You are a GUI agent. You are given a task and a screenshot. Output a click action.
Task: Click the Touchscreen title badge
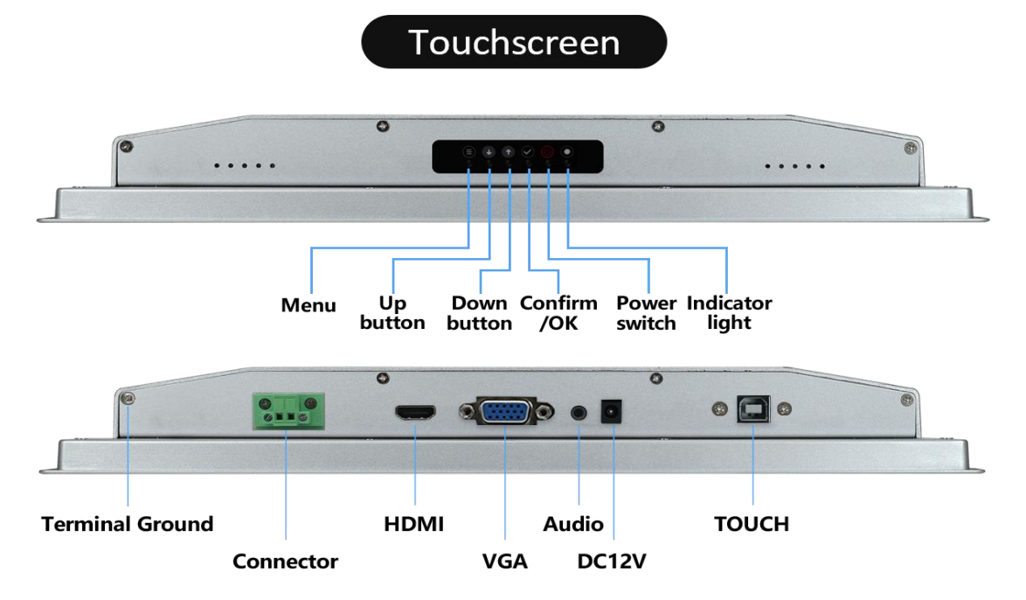coord(514,42)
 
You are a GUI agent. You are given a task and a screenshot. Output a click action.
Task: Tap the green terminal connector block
coord(285,412)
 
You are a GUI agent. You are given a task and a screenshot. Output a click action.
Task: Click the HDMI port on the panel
coord(417,414)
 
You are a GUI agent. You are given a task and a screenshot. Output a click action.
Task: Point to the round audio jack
coord(579,411)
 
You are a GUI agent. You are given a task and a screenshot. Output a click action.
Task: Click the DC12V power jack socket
coord(612,411)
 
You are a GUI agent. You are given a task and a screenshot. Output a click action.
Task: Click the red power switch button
coord(548,152)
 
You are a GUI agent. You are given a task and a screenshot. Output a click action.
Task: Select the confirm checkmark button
coord(528,152)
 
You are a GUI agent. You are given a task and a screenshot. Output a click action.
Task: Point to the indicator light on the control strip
coord(568,152)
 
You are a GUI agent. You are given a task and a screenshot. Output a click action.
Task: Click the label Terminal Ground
coord(128,524)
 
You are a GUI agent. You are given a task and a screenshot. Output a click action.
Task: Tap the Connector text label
coord(285,562)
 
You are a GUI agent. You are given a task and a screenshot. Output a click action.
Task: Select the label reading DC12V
coord(612,562)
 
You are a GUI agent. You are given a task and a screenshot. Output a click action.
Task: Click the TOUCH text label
coord(752,524)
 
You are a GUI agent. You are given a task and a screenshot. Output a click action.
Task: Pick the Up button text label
coord(392,313)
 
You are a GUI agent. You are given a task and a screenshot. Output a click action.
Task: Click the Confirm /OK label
coord(558,313)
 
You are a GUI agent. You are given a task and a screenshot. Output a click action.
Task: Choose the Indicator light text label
coord(729,313)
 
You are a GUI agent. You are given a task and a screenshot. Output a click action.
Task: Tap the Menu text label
coord(308,305)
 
